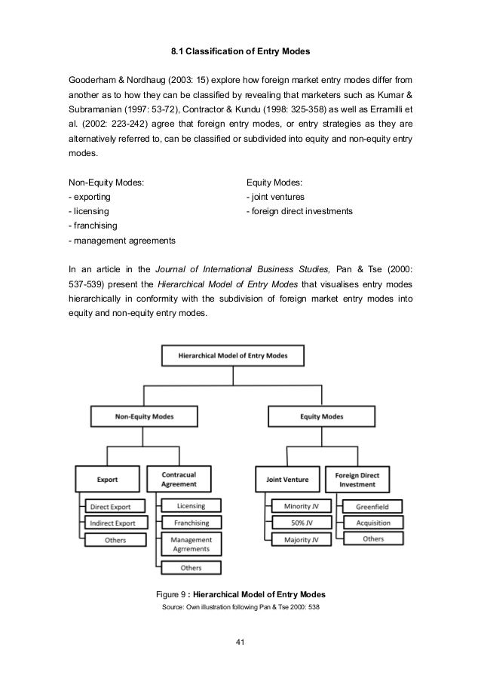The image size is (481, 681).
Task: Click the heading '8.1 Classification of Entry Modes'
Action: pyautogui.click(x=240, y=52)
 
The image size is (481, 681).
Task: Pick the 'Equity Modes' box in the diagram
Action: pyautogui.click(x=322, y=416)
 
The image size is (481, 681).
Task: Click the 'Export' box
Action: pyautogui.click(x=107, y=477)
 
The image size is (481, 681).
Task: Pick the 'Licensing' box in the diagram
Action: pyautogui.click(x=191, y=505)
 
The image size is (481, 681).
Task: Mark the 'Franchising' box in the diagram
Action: pyautogui.click(x=191, y=522)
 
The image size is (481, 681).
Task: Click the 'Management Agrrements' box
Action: pyautogui.click(x=191, y=544)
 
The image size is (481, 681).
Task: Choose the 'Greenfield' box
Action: pyautogui.click(x=372, y=507)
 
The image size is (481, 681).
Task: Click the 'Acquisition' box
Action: pyautogui.click(x=372, y=523)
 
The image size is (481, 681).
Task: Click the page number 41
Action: pyautogui.click(x=240, y=642)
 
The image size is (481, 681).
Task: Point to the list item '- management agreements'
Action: pyautogui.click(x=121, y=241)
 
